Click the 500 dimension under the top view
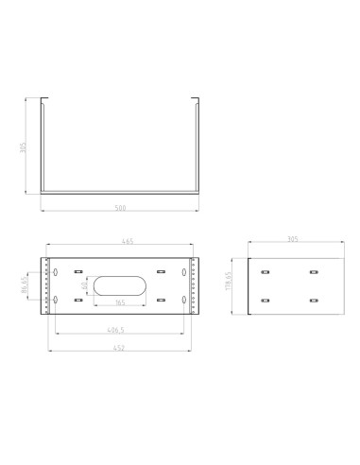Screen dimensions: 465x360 tap(119, 206)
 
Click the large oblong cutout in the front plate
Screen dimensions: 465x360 tap(119, 286)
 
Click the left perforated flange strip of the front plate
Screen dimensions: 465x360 tap(43, 286)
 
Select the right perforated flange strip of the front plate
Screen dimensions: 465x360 tap(196, 286)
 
